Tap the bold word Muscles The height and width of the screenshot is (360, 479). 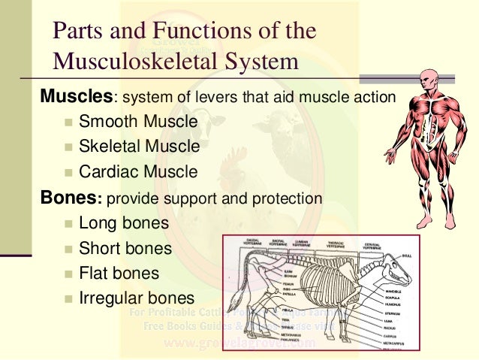pos(75,98)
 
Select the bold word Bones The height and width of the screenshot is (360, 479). pos(70,198)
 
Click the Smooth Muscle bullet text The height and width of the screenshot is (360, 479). pos(138,121)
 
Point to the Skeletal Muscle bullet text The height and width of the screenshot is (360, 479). pos(140,146)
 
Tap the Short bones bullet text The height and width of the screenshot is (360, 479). pos(125,248)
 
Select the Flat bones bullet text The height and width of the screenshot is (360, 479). pos(119,273)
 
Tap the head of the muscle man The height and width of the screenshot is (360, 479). pos(430,78)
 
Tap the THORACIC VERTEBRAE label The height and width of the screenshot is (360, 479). pos(335,244)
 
